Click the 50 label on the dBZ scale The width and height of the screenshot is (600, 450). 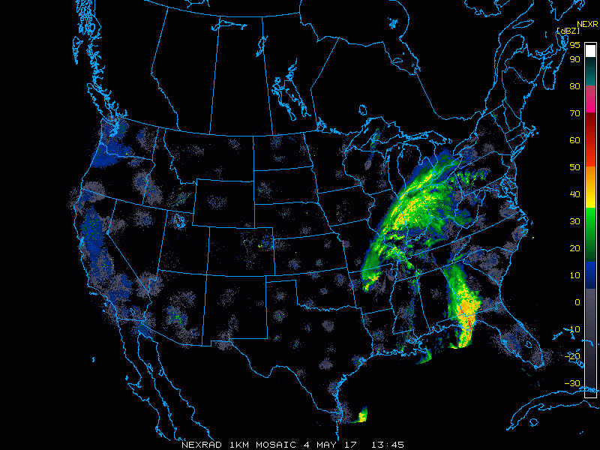574,167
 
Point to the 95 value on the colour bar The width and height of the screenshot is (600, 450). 574,45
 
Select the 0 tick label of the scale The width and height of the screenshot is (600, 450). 577,302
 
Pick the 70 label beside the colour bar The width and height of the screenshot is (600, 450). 574,113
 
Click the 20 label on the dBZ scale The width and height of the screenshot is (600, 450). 574,248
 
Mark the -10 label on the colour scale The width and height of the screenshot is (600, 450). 574,329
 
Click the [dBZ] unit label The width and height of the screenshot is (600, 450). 567,31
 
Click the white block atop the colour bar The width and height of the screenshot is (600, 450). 592,49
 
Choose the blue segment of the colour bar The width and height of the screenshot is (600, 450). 592,274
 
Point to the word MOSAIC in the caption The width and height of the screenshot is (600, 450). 274,444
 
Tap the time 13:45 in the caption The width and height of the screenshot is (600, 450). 387,444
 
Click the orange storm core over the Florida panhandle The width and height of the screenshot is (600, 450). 466,309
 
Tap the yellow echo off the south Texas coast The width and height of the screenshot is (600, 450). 363,415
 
